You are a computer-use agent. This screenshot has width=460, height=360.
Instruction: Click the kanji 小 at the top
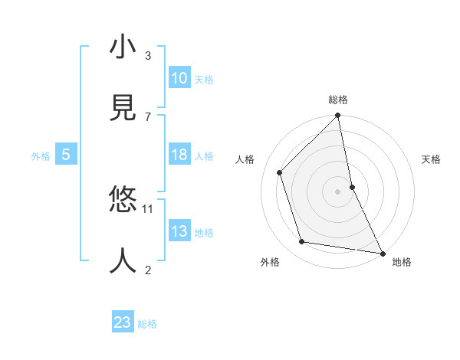(x=123, y=48)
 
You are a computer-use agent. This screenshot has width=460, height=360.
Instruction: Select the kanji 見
(x=123, y=109)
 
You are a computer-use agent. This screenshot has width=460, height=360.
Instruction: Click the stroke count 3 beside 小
(x=148, y=55)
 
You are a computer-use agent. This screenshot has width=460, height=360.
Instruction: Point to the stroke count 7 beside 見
(x=148, y=116)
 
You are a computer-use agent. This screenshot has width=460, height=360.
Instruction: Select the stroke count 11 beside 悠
(x=148, y=208)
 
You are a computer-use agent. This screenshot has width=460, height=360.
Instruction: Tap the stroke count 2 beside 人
(x=148, y=270)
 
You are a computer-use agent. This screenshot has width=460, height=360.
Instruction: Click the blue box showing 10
(x=179, y=78)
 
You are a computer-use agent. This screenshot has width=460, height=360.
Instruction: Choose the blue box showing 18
(x=179, y=155)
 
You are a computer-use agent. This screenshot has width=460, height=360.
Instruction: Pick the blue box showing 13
(x=179, y=231)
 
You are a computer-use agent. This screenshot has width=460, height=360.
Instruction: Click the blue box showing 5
(x=66, y=155)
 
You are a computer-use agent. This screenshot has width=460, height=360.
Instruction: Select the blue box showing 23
(x=123, y=322)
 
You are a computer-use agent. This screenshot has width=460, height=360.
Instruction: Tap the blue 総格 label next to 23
(x=147, y=324)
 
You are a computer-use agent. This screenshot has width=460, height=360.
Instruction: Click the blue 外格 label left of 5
(x=41, y=156)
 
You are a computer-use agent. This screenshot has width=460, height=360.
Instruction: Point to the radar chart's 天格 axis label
(x=431, y=159)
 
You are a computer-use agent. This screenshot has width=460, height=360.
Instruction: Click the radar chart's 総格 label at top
(x=338, y=100)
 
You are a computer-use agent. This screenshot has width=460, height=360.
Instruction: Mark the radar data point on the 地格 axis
(x=382, y=253)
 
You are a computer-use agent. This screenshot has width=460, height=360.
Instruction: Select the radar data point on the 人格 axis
(x=280, y=172)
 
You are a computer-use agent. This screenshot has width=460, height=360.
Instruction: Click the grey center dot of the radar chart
(x=338, y=191)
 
